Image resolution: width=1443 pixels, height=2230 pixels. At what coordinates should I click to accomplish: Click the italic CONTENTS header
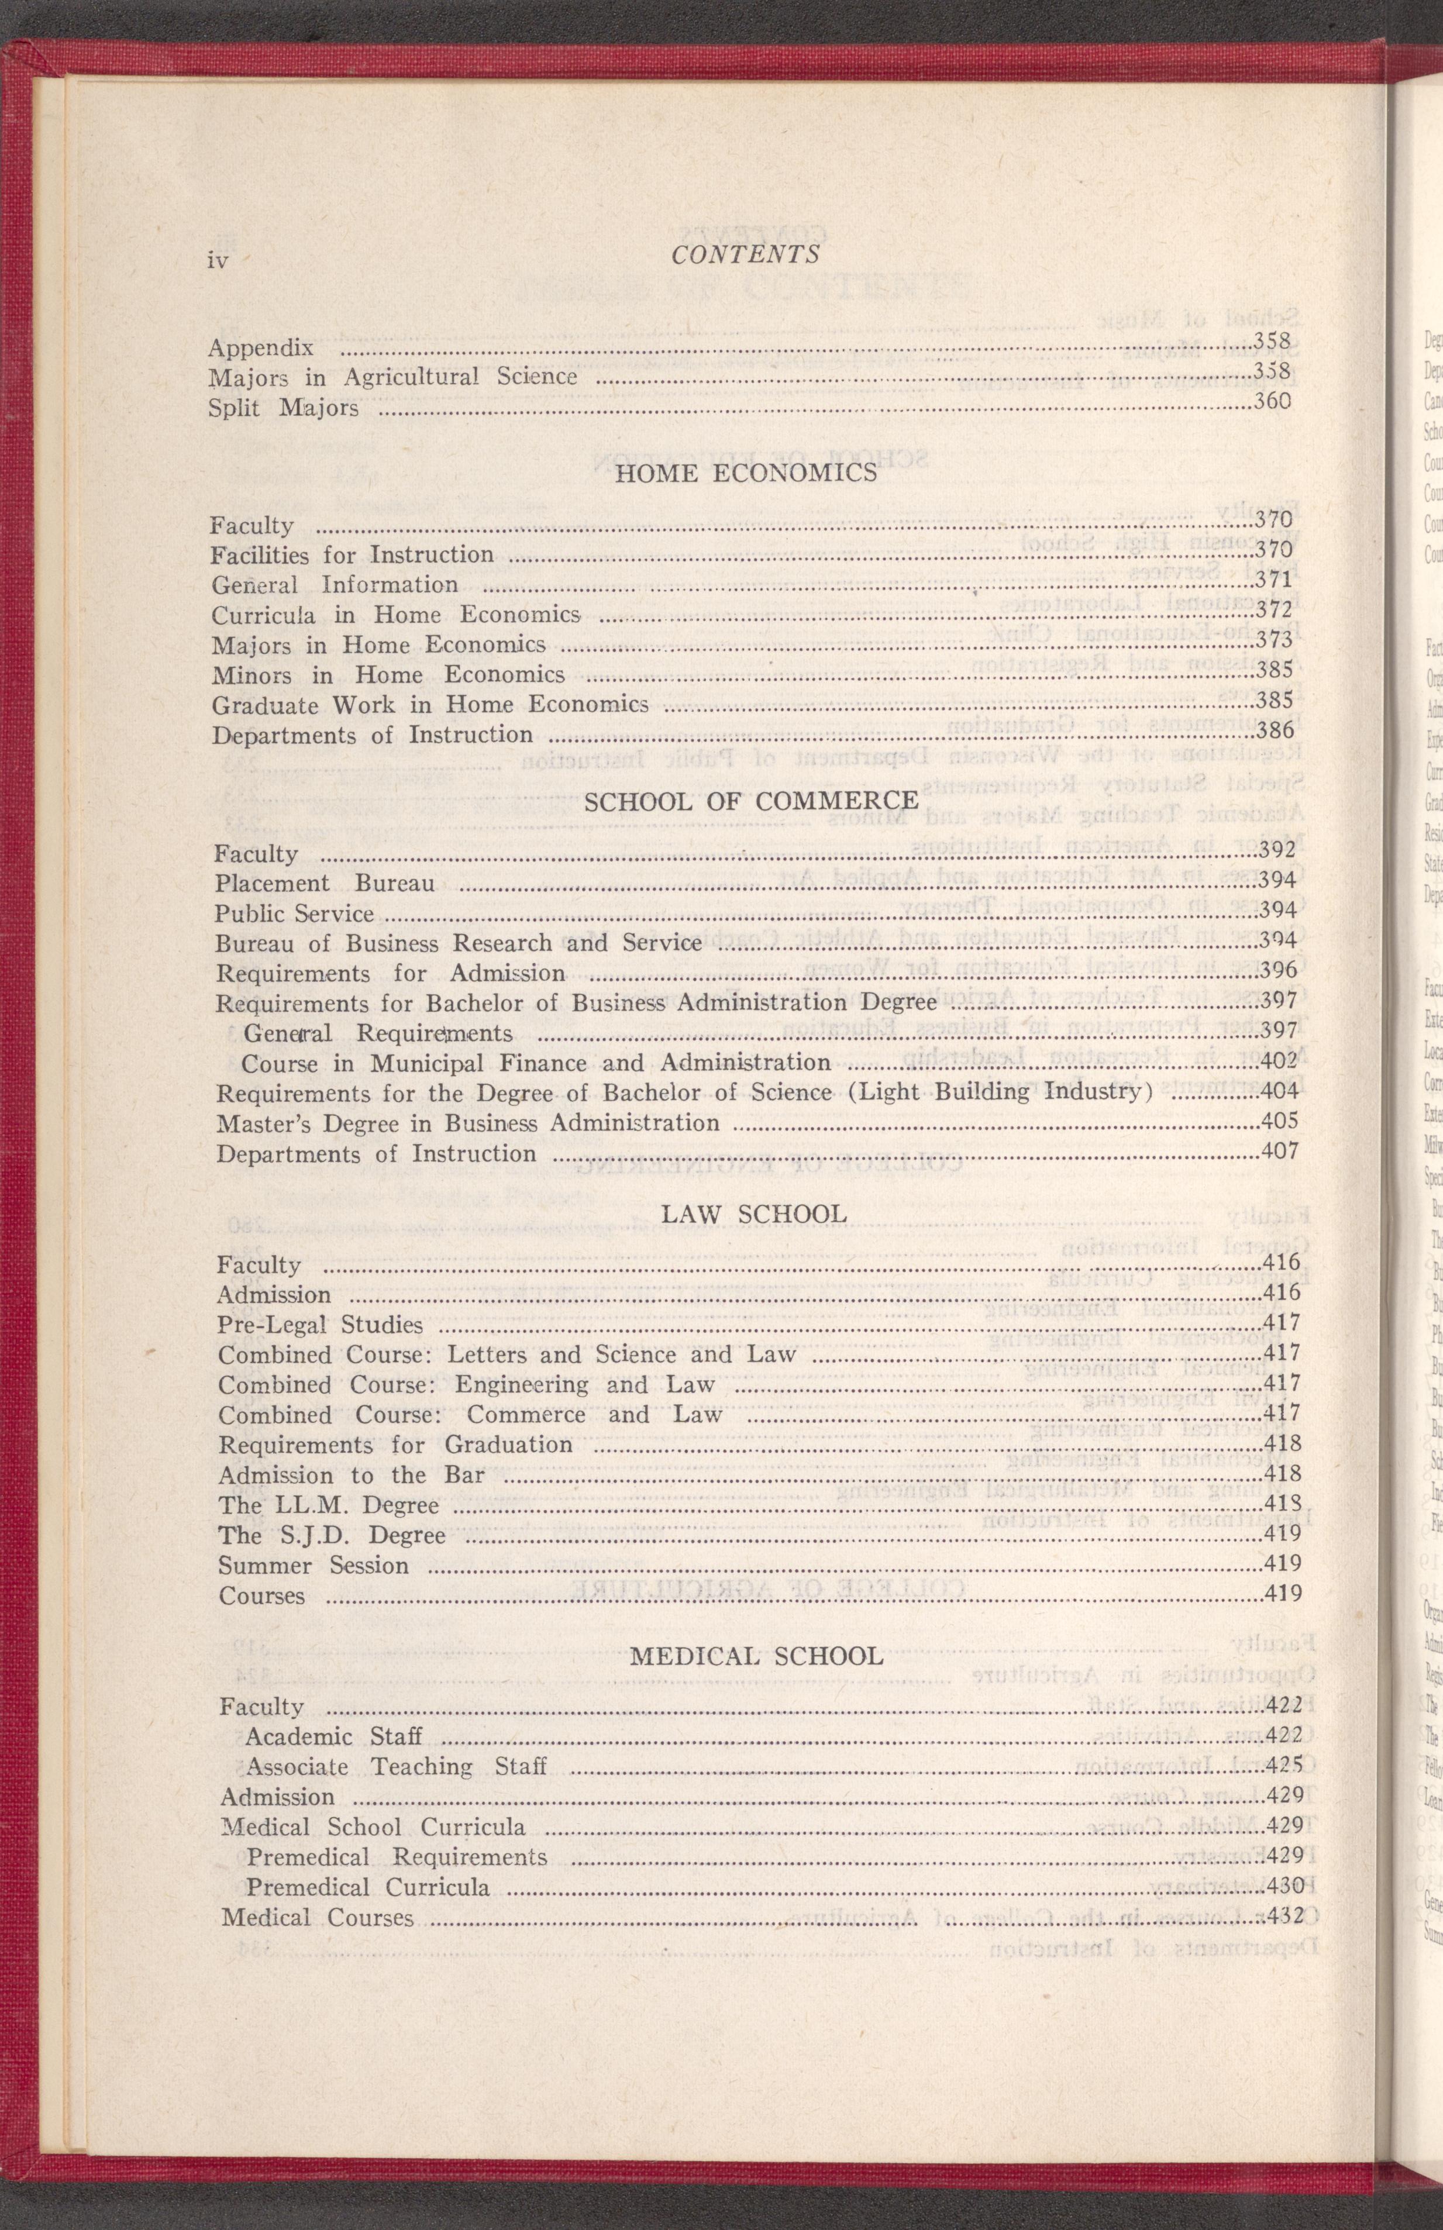tap(746, 254)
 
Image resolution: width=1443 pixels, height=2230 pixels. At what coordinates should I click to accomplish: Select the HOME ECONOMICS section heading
tap(746, 473)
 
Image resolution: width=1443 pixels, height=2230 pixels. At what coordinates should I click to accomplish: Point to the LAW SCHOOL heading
tap(755, 1214)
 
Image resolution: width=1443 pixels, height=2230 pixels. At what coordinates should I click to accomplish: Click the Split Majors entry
tap(283, 409)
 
